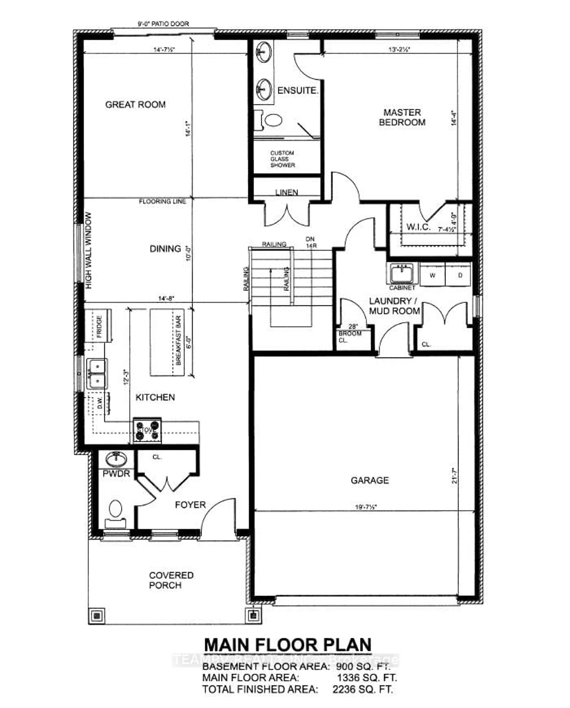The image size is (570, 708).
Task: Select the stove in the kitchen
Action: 147,430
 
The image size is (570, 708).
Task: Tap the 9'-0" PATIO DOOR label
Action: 163,24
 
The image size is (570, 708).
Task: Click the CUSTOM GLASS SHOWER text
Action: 282,159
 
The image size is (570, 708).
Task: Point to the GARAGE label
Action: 370,480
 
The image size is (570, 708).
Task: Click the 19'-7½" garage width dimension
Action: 365,507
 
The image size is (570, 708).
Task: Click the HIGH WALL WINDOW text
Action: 89,251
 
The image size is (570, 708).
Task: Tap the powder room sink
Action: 116,459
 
